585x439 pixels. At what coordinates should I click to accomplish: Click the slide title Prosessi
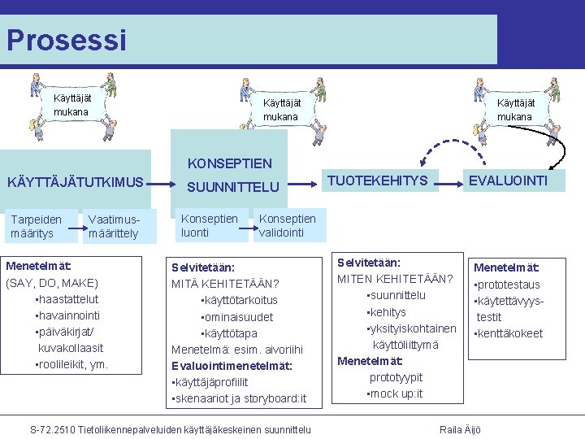67,39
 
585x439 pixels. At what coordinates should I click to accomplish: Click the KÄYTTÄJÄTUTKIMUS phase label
75,182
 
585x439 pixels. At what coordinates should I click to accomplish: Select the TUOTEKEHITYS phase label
377,180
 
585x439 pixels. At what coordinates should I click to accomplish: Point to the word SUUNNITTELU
233,187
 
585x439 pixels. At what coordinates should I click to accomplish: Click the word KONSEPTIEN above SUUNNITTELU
229,163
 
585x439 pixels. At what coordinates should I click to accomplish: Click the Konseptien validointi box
287,225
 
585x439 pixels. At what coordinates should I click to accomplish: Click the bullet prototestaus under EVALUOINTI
509,285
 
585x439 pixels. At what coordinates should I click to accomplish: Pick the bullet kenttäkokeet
510,333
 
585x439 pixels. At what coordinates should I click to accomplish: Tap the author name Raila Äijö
460,429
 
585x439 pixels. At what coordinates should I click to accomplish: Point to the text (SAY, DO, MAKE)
52,283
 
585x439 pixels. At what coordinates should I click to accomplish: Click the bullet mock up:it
396,394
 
